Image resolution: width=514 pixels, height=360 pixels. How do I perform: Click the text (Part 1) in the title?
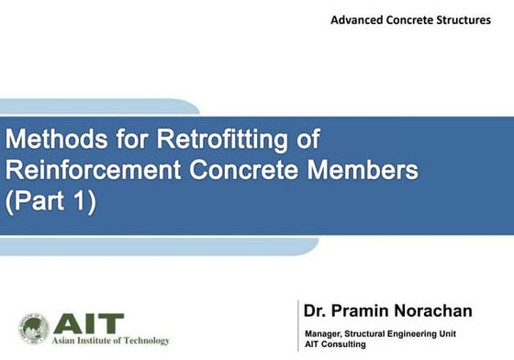(x=50, y=200)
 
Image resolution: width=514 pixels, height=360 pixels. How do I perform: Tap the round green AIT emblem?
(x=34, y=328)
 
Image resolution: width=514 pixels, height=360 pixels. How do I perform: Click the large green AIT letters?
(x=88, y=322)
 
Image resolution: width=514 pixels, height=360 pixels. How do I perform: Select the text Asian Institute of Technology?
(x=111, y=342)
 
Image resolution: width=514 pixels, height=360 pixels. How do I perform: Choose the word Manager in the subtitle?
(x=325, y=332)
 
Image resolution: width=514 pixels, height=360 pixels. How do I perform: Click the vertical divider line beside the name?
(x=297, y=324)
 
